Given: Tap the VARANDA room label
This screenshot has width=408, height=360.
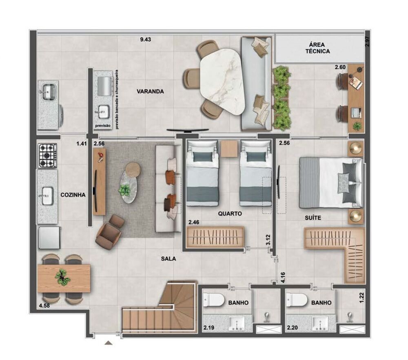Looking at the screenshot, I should click(x=150, y=92).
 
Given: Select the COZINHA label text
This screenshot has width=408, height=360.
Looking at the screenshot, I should click(x=73, y=195).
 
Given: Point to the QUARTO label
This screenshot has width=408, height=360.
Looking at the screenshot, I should click(x=230, y=213).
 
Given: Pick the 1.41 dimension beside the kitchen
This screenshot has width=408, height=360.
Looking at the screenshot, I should click(x=82, y=143).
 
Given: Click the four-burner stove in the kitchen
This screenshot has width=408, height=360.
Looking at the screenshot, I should click(x=48, y=156).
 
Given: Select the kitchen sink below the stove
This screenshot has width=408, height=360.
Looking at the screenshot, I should click(x=48, y=196).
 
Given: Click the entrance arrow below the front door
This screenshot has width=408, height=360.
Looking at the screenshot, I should click(x=108, y=343).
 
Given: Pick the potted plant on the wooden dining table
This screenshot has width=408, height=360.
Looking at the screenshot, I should click(x=62, y=278).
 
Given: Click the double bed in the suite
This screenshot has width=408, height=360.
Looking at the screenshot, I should click(x=330, y=182).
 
